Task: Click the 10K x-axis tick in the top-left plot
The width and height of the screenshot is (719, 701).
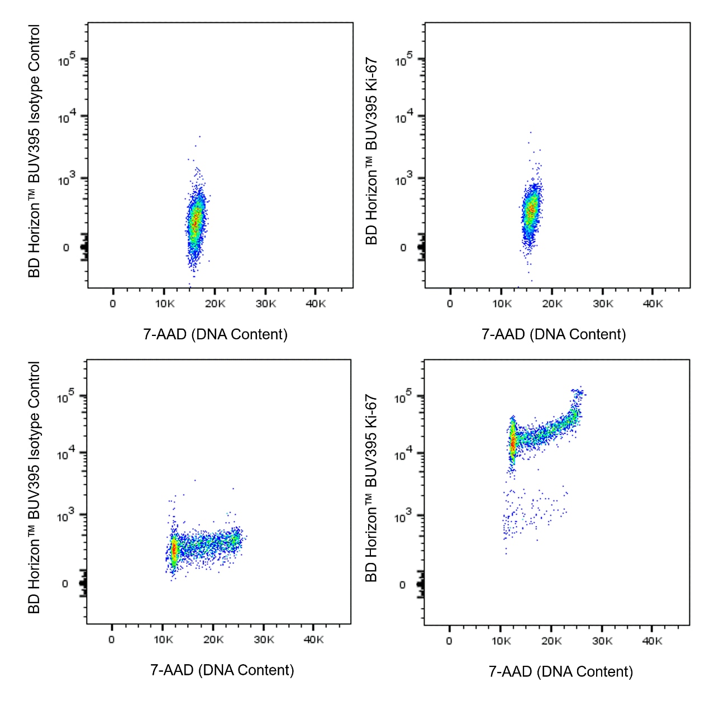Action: coord(164,304)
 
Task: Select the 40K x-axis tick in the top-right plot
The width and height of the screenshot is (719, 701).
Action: coord(653,304)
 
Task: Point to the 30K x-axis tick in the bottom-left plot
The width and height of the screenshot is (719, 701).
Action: coord(264,640)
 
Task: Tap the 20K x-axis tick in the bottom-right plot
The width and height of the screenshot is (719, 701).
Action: coord(551,641)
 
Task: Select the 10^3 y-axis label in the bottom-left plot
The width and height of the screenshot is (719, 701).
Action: coord(65,515)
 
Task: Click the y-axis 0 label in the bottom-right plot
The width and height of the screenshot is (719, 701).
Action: coord(403,585)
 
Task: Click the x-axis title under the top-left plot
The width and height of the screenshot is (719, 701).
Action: coord(215,334)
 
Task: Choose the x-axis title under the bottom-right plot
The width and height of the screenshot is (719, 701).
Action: coord(560,671)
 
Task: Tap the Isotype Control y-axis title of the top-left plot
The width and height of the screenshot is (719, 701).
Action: coord(34,151)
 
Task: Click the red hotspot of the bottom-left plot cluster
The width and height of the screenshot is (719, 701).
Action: coord(174,550)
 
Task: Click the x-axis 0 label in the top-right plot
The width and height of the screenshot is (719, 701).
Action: coord(450,304)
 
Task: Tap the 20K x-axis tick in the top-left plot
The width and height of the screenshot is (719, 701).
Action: coord(215,304)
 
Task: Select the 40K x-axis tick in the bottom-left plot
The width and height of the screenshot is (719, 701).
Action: coord(313,640)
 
